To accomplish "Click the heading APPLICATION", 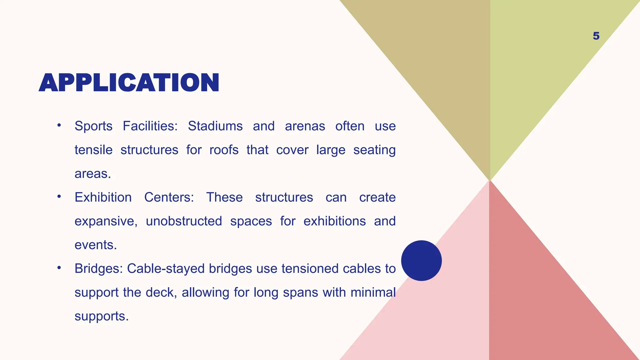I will click(129, 83).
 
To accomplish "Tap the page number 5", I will click(596, 36).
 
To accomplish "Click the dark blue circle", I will click(421, 261).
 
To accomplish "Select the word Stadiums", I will click(215, 126).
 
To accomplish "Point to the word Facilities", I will click(150, 126).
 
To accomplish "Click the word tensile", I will click(93, 150).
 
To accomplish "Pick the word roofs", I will click(224, 150).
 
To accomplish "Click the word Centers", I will click(169, 197).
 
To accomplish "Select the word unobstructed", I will click(184, 221).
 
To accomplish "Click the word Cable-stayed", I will click(166, 269).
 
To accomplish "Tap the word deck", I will click(161, 292).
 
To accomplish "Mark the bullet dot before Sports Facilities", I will click(59, 126).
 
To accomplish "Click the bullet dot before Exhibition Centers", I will click(59, 197).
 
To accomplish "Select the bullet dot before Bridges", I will click(59, 268).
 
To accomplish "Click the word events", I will click(96, 245).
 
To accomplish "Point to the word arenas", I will click(305, 126).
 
